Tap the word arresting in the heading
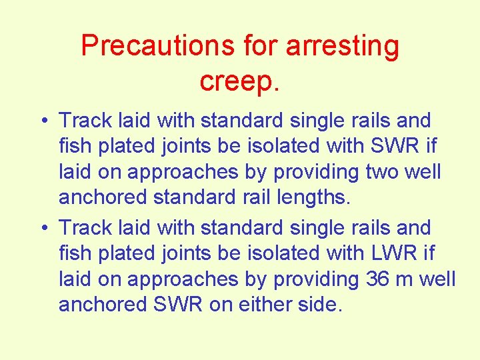[342, 46]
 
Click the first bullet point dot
[42, 121]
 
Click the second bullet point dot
[42, 228]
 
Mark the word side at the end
[317, 304]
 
